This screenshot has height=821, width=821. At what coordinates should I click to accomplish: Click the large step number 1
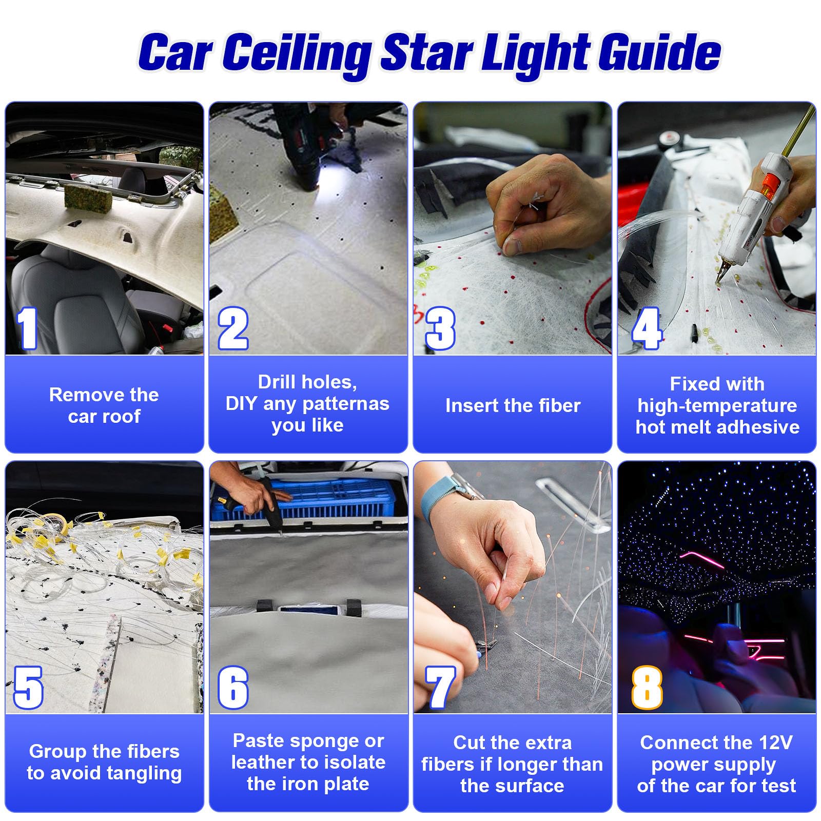tap(27, 328)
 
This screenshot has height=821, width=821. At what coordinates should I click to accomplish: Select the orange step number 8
tap(646, 688)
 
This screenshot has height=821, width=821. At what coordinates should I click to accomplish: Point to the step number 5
tap(28, 688)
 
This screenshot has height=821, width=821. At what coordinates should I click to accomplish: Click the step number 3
tap(440, 328)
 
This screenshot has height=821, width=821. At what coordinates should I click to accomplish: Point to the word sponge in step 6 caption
tap(327, 741)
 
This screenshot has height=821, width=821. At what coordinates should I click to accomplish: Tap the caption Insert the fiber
tap(512, 405)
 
